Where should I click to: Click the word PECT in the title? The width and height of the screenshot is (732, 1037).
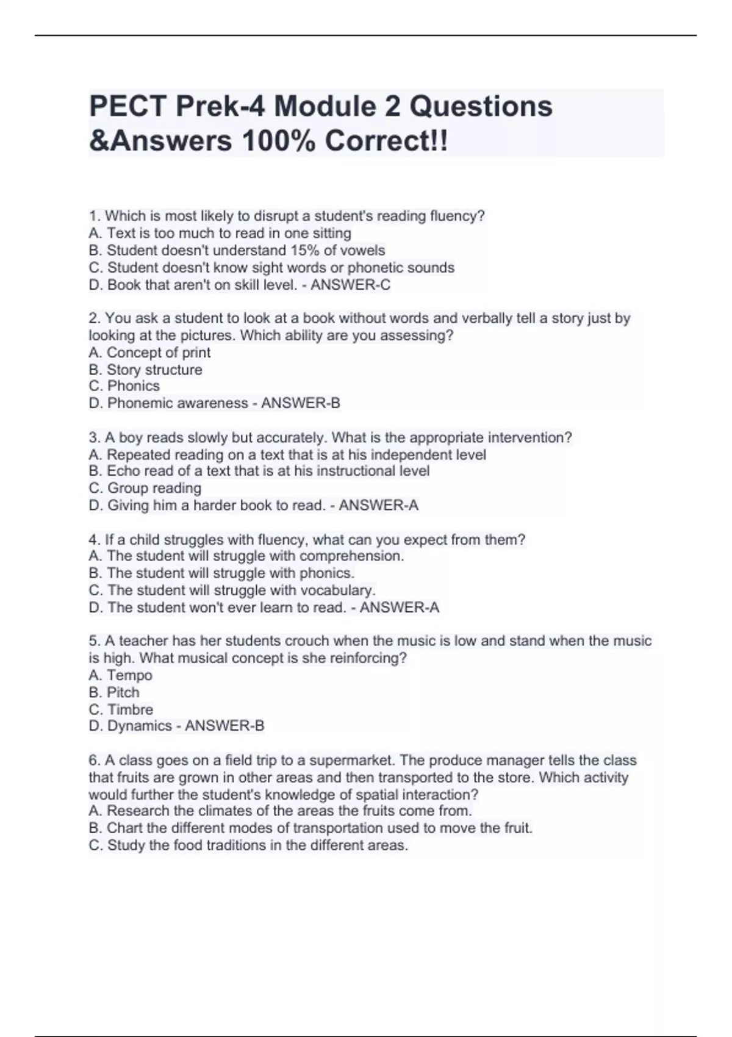[x=128, y=106]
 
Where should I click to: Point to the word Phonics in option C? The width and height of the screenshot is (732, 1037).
[x=133, y=386]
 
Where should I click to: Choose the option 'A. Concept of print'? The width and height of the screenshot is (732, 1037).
[x=149, y=353]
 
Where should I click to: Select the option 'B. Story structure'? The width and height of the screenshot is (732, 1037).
[x=145, y=370]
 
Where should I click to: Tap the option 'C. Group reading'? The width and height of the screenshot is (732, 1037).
[x=145, y=488]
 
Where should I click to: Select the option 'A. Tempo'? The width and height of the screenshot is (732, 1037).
[x=120, y=675]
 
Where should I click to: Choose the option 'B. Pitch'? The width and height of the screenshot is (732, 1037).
[x=114, y=692]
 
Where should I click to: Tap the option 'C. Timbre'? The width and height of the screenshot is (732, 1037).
[x=121, y=709]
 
